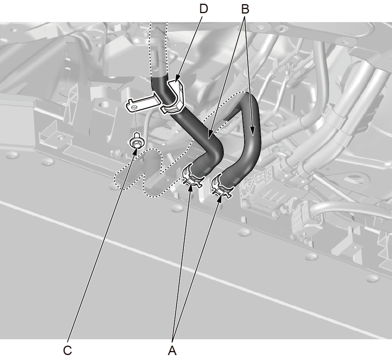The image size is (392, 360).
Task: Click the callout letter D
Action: pyautogui.click(x=204, y=9)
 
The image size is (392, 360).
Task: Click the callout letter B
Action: pyautogui.click(x=245, y=9)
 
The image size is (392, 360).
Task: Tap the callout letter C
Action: pyautogui.click(x=67, y=351)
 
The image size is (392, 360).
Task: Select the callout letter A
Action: pyautogui.click(x=172, y=351)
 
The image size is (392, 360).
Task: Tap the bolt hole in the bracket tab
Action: pyautogui.click(x=134, y=107)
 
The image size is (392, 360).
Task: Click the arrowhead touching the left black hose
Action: pyautogui.click(x=211, y=134)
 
